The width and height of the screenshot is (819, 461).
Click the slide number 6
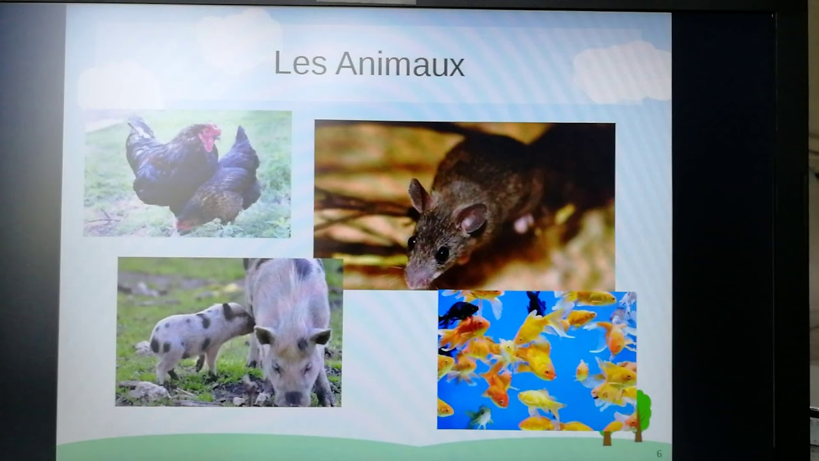659,454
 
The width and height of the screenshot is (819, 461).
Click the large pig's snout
294,397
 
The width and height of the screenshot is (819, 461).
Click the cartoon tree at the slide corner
640,413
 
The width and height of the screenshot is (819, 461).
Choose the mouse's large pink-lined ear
472,219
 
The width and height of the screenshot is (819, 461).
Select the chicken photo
187,174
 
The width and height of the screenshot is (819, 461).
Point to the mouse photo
465,205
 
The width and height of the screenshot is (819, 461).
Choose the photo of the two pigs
229,332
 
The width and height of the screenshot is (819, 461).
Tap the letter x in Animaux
456,66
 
